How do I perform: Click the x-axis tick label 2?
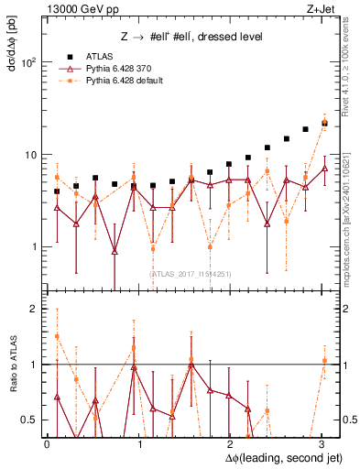coord(231,442)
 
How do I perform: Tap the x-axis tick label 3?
coord(322,442)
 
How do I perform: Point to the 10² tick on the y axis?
coord(28,63)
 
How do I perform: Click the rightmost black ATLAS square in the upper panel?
coord(324,122)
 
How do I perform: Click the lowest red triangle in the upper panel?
coord(115,251)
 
